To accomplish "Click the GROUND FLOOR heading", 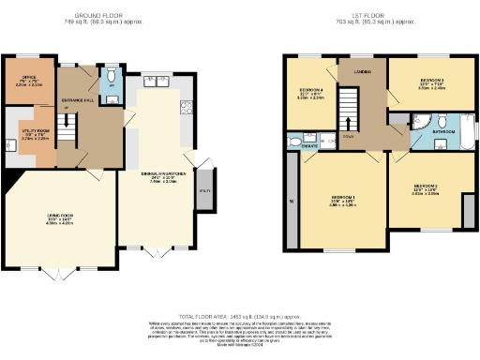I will pyautogui.click(x=102, y=16).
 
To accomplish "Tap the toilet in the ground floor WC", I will pyautogui.click(x=111, y=75).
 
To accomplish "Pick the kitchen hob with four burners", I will pyautogui.click(x=187, y=104).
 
